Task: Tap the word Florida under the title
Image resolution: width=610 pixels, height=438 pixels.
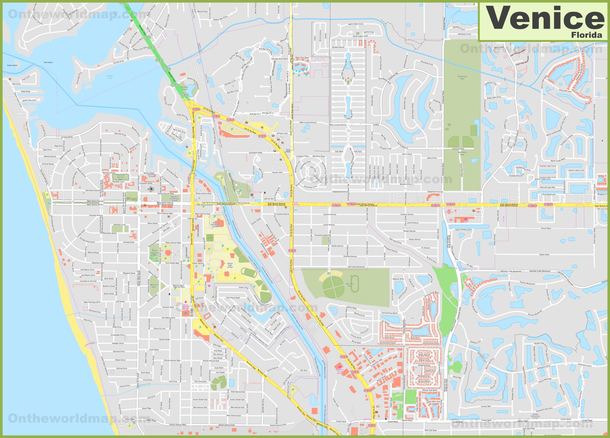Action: (586, 35)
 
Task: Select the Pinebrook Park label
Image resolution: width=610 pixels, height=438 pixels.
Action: (462, 78)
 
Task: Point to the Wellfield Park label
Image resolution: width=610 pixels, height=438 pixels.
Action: (462, 153)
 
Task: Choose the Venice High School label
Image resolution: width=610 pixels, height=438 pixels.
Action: (230, 265)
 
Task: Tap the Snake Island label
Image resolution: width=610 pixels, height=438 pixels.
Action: (12, 65)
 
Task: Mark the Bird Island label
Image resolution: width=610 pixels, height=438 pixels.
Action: (48, 63)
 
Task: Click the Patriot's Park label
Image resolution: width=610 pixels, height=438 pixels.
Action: (184, 88)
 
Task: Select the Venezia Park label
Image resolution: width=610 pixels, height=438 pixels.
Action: (154, 286)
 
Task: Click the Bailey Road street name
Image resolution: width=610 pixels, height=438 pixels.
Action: (544, 254)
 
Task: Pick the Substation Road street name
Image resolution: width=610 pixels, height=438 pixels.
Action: (255, 153)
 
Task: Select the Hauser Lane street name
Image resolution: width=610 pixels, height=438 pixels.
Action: (277, 172)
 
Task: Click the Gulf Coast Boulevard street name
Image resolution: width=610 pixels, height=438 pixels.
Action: (356, 267)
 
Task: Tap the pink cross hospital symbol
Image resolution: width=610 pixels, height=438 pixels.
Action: (186, 302)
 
